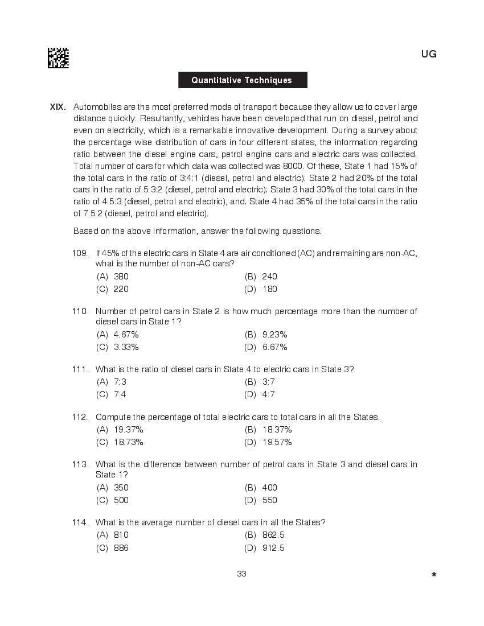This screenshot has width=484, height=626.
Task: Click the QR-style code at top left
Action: pos(58,58)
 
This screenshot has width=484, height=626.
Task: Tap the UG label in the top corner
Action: pos(429,55)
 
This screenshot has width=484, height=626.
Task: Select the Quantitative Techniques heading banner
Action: pos(242,80)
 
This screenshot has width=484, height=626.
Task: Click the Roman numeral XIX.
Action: pos(58,107)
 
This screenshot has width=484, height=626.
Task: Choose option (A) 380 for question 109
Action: pos(113,277)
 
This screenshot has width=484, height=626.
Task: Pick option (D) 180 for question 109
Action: pos(261,289)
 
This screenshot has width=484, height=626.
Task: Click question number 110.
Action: pos(80,311)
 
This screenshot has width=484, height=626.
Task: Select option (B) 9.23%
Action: pos(266,335)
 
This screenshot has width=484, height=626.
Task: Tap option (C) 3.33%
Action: pos(118,347)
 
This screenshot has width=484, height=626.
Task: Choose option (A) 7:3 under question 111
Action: pos(112,382)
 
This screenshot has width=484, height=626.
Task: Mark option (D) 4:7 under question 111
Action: pos(260,394)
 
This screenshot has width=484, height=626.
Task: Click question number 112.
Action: pos(80,417)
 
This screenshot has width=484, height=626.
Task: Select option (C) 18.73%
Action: pos(120,442)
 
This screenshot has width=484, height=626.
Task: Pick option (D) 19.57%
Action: pos(269,442)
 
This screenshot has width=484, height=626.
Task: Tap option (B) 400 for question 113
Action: pos(261,488)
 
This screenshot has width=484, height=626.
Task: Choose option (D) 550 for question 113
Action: pos(261,500)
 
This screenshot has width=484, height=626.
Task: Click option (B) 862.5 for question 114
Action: pos(265,535)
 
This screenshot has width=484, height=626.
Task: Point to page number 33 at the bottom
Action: pos(241,574)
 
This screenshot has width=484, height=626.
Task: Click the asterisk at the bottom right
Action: pos(434,575)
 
